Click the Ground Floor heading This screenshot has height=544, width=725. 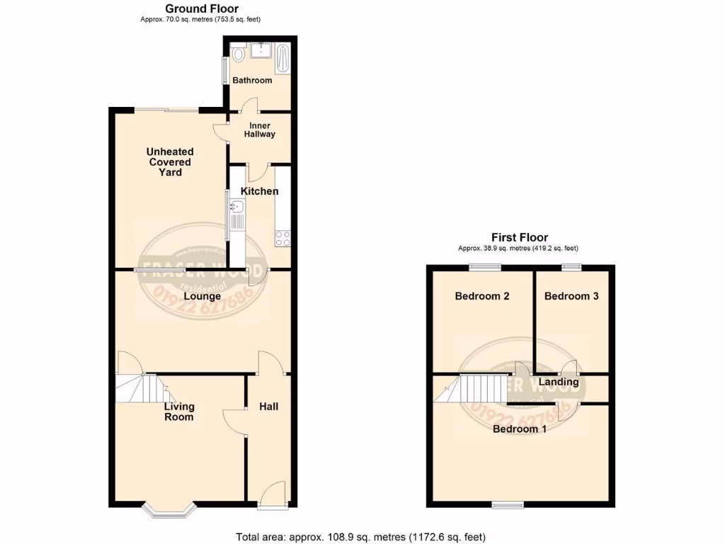[202, 8]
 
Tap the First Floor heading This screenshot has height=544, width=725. [520, 237]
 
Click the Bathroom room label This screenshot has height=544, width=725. [252, 80]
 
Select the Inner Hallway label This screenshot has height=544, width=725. [259, 130]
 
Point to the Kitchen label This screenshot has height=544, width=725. [259, 191]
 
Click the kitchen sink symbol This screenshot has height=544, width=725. [237, 208]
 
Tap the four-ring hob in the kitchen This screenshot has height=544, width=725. [283, 238]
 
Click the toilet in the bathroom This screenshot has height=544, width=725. [238, 54]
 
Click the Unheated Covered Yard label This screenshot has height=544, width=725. [170, 161]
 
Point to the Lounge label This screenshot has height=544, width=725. [202, 296]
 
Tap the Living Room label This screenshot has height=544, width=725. [179, 412]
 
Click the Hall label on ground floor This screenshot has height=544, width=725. [268, 407]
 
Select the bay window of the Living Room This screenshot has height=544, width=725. [169, 507]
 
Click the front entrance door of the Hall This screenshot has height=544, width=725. [272, 496]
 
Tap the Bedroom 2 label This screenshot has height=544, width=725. [482, 296]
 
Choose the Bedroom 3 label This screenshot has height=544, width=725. [571, 296]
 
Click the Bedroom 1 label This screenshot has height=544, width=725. [519, 429]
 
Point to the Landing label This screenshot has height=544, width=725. [559, 382]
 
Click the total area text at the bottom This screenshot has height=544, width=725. [360, 536]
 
